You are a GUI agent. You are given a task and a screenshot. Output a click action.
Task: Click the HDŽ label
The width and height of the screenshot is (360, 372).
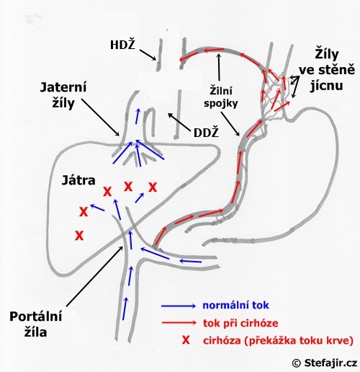coord(122,45)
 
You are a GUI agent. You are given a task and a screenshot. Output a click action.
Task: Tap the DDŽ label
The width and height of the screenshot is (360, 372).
coord(206,133)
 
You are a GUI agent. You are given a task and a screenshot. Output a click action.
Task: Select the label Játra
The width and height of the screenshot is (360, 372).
coord(78,180)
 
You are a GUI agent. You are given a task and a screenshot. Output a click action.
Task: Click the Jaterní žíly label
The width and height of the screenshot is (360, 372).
coord(63,95)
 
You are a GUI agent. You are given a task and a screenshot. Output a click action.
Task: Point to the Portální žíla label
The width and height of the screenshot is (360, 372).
coord(36,324)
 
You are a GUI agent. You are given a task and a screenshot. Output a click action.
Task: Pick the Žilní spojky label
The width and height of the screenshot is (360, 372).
coord(221,97)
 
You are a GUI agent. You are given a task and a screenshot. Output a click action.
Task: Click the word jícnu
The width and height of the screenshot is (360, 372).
coord(327,85)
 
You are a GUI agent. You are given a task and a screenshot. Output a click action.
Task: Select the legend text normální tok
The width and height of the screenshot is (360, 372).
coord(235,306)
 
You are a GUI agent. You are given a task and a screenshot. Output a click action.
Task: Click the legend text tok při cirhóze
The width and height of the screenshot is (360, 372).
coord(240,323)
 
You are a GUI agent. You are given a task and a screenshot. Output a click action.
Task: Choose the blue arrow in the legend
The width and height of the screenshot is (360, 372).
coord(179,306)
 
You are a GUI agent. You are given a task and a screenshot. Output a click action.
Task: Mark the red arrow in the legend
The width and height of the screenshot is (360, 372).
coord(179,323)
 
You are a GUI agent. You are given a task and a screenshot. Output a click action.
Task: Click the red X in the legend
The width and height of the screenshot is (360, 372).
coord(186,340)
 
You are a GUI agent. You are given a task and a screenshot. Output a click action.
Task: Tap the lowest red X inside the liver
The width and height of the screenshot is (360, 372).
coord(79,235)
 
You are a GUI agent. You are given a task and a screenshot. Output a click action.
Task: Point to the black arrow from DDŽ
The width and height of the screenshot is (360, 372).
coord(179,123)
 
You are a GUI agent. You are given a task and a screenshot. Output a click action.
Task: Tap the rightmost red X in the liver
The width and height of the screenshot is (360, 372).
coord(153,187)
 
